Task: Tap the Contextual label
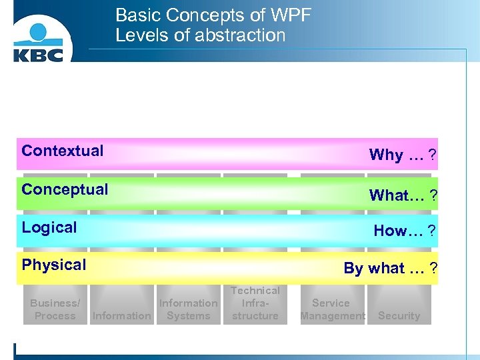click(x=63, y=151)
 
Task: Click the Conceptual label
click(x=65, y=189)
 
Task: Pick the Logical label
click(x=49, y=227)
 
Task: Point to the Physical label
click(x=54, y=265)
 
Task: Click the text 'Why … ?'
click(x=403, y=155)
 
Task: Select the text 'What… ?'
click(x=403, y=195)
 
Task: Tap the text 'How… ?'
click(x=405, y=231)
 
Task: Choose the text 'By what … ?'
click(x=390, y=268)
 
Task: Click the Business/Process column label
click(x=55, y=309)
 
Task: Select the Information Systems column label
click(x=188, y=309)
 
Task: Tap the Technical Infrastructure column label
click(x=255, y=303)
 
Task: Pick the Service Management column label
click(x=332, y=309)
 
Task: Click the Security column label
click(x=399, y=316)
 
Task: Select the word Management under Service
click(x=333, y=316)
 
